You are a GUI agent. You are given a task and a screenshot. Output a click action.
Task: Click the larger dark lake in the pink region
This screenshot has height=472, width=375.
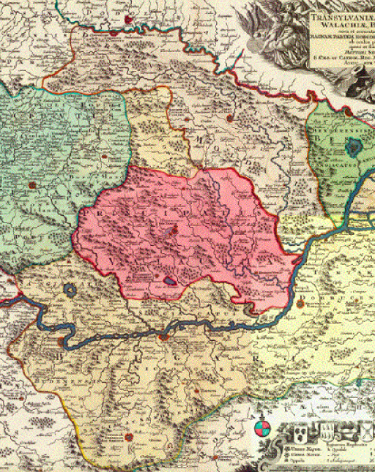pos(169,280)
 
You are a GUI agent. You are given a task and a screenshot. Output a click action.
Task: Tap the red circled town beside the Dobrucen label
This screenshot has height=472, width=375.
pos(302,299)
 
